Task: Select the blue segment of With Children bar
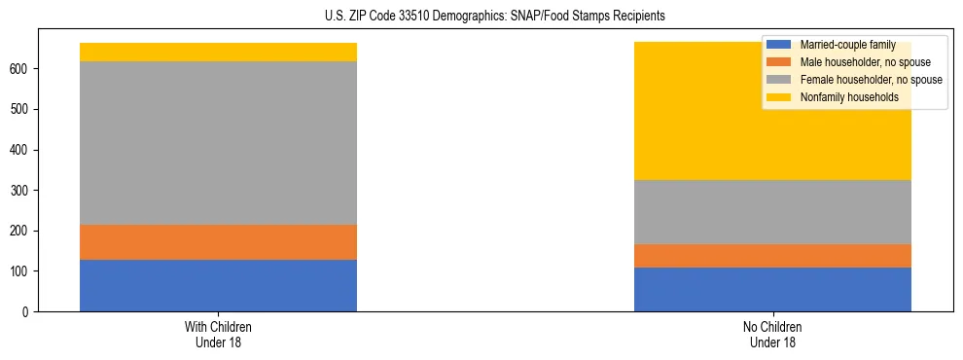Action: pyautogui.click(x=218, y=285)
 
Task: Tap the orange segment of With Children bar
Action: pyautogui.click(x=218, y=242)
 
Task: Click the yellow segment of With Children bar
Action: pyautogui.click(x=218, y=52)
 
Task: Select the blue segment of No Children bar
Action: pyautogui.click(x=772, y=289)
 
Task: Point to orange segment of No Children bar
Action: pyautogui.click(x=772, y=256)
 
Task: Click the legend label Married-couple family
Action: pyautogui.click(x=845, y=45)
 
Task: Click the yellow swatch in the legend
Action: pyautogui.click(x=778, y=97)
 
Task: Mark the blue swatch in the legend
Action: pyautogui.click(x=778, y=45)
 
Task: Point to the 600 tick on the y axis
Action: pyautogui.click(x=22, y=69)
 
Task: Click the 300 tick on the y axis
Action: pyautogui.click(x=22, y=191)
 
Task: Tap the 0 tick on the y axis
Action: pyautogui.click(x=28, y=311)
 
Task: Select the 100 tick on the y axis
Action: pyautogui.click(x=22, y=271)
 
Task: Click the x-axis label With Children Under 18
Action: pyautogui.click(x=218, y=334)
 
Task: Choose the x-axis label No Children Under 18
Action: pyautogui.click(x=772, y=334)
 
